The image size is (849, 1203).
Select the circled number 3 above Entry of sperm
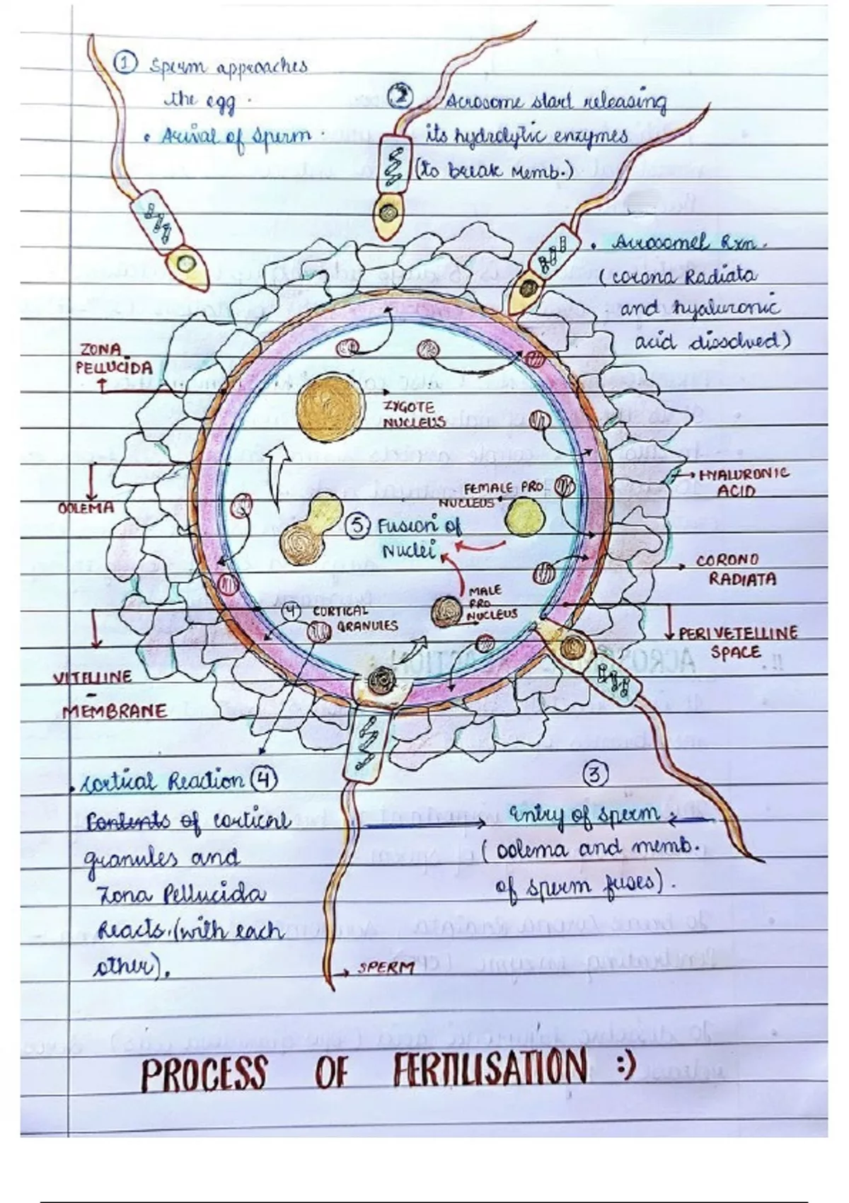click(x=595, y=775)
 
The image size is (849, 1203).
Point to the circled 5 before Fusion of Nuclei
click(x=359, y=526)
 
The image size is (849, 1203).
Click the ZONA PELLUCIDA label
click(x=113, y=359)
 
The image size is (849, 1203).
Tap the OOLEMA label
click(x=86, y=507)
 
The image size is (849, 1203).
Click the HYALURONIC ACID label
click(x=743, y=481)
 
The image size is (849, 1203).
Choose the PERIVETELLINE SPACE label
click(x=737, y=642)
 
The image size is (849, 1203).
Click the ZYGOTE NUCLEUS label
click(x=413, y=415)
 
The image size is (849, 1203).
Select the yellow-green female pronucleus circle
click(x=526, y=517)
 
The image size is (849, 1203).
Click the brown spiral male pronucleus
click(x=447, y=611)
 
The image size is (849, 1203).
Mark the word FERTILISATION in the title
click(x=490, y=1069)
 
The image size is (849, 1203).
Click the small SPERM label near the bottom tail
click(x=386, y=968)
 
